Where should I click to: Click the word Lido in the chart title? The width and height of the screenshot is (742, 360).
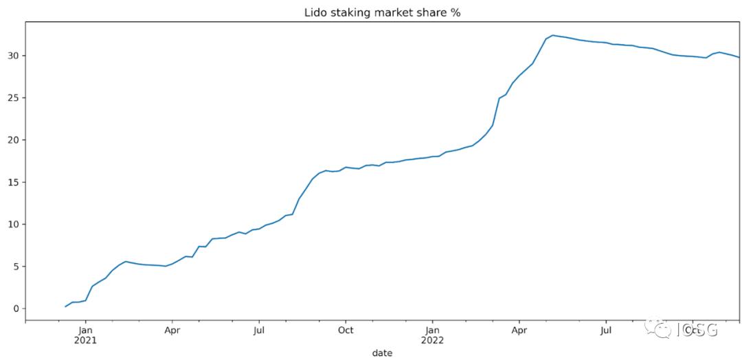click(315, 13)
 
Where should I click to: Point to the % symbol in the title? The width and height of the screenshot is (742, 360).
click(456, 13)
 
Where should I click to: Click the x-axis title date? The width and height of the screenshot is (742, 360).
click(383, 352)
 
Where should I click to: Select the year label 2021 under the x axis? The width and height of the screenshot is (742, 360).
click(85, 340)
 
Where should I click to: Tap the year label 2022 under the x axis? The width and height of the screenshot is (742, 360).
click(433, 340)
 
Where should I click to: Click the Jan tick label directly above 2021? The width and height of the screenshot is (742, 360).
click(85, 330)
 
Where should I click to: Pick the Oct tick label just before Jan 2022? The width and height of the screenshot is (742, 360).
click(346, 330)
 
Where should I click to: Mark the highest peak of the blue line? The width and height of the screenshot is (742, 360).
click(553, 35)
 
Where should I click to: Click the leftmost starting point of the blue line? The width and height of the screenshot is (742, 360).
click(65, 306)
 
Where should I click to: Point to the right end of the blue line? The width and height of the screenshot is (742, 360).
click(739, 57)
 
